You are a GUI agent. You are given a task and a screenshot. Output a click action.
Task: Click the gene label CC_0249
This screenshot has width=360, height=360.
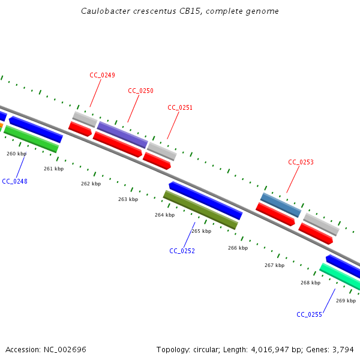[102, 75]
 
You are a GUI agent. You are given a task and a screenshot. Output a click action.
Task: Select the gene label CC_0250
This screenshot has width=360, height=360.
[140, 91]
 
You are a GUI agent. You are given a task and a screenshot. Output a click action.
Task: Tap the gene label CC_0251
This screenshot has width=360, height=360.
[180, 107]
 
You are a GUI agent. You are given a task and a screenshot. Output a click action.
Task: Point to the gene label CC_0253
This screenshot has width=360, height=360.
[301, 162]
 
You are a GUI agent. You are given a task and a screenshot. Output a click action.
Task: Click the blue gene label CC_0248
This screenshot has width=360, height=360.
[14, 181]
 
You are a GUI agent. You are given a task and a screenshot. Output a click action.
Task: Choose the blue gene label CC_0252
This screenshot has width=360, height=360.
[182, 251]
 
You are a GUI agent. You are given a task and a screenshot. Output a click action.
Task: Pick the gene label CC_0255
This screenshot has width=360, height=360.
[309, 314]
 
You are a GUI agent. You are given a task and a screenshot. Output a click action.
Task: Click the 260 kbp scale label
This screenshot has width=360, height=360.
[16, 154]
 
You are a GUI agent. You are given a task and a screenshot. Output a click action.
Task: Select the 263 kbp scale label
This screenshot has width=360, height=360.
[128, 199]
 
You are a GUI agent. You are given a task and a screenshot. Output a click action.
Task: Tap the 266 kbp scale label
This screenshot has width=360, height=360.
[238, 248]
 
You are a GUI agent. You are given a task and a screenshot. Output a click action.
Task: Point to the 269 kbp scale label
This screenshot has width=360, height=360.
[346, 301]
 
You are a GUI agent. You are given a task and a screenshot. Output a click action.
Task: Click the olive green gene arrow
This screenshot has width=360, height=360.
[200, 210]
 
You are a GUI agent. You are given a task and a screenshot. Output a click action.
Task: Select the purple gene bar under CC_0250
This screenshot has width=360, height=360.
[122, 134]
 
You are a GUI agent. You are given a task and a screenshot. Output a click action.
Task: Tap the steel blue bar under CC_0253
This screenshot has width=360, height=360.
[281, 205]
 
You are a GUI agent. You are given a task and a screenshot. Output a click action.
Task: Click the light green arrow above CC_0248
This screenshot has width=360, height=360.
[32, 139]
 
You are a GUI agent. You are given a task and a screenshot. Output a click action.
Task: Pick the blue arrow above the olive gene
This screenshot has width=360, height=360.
[205, 200]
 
